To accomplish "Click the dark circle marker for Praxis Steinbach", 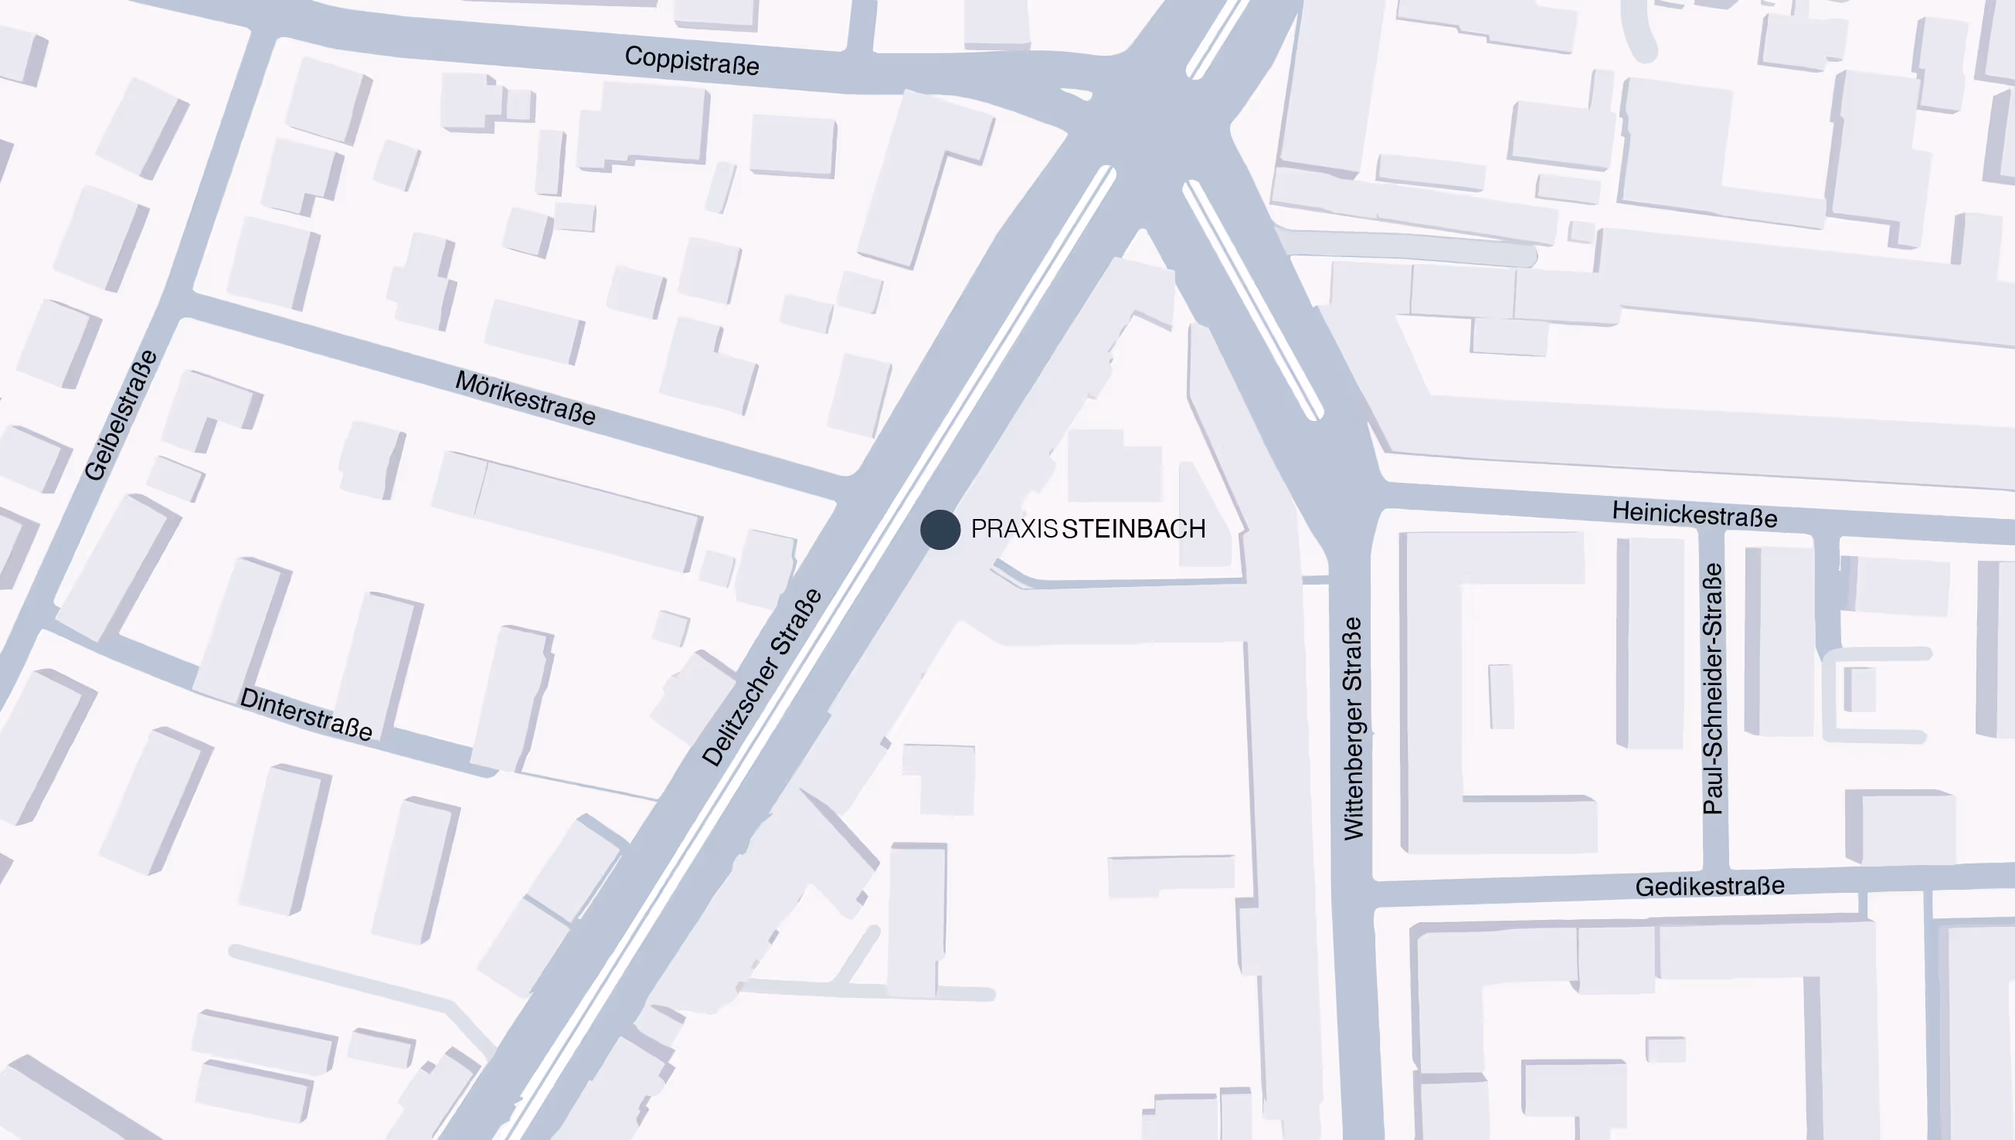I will tap(940, 530).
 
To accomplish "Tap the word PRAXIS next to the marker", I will tap(1014, 529).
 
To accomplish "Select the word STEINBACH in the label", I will tap(1133, 529).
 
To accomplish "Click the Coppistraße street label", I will tap(691, 61).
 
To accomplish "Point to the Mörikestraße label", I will tap(525, 398).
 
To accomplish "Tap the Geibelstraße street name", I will tap(121, 416).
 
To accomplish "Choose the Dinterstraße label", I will tap(306, 714).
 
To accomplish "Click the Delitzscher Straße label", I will tap(762, 677).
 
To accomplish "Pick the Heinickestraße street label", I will tap(1694, 514).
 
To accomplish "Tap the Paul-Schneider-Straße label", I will tap(1714, 689).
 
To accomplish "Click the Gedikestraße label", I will tap(1710, 887).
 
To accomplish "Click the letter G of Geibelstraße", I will tap(95, 470).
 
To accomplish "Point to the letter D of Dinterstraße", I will tap(249, 698).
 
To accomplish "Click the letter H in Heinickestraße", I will tap(1620, 511).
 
